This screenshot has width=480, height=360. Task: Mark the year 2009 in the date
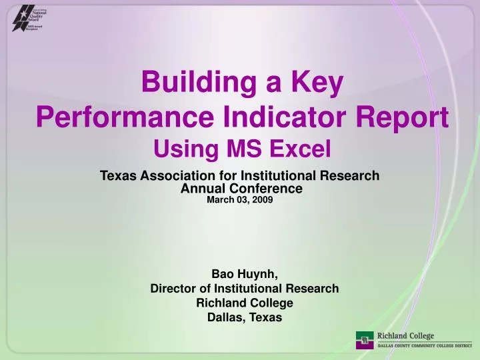coord(261,199)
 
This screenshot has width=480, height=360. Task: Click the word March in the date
coord(220,199)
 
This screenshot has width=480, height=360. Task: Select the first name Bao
coord(223,274)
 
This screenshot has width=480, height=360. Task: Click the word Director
coord(173,289)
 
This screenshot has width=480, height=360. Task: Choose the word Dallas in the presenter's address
coord(225,318)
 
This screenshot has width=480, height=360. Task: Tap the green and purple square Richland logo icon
coord(365,339)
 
